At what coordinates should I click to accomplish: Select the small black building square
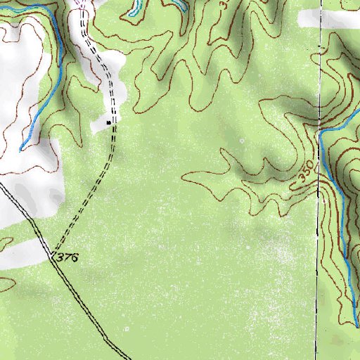[x=108, y=122]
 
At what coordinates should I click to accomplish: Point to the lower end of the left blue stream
[x=21, y=148]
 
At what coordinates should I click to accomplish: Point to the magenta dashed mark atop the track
[x=79, y=4]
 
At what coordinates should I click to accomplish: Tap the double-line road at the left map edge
[x=2, y=187]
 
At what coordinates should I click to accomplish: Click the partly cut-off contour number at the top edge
[x=224, y=4]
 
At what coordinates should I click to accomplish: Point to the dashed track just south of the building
[x=110, y=148]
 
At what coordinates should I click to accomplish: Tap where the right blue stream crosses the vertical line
[x=321, y=132]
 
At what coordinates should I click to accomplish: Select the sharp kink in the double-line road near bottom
[x=105, y=338]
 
